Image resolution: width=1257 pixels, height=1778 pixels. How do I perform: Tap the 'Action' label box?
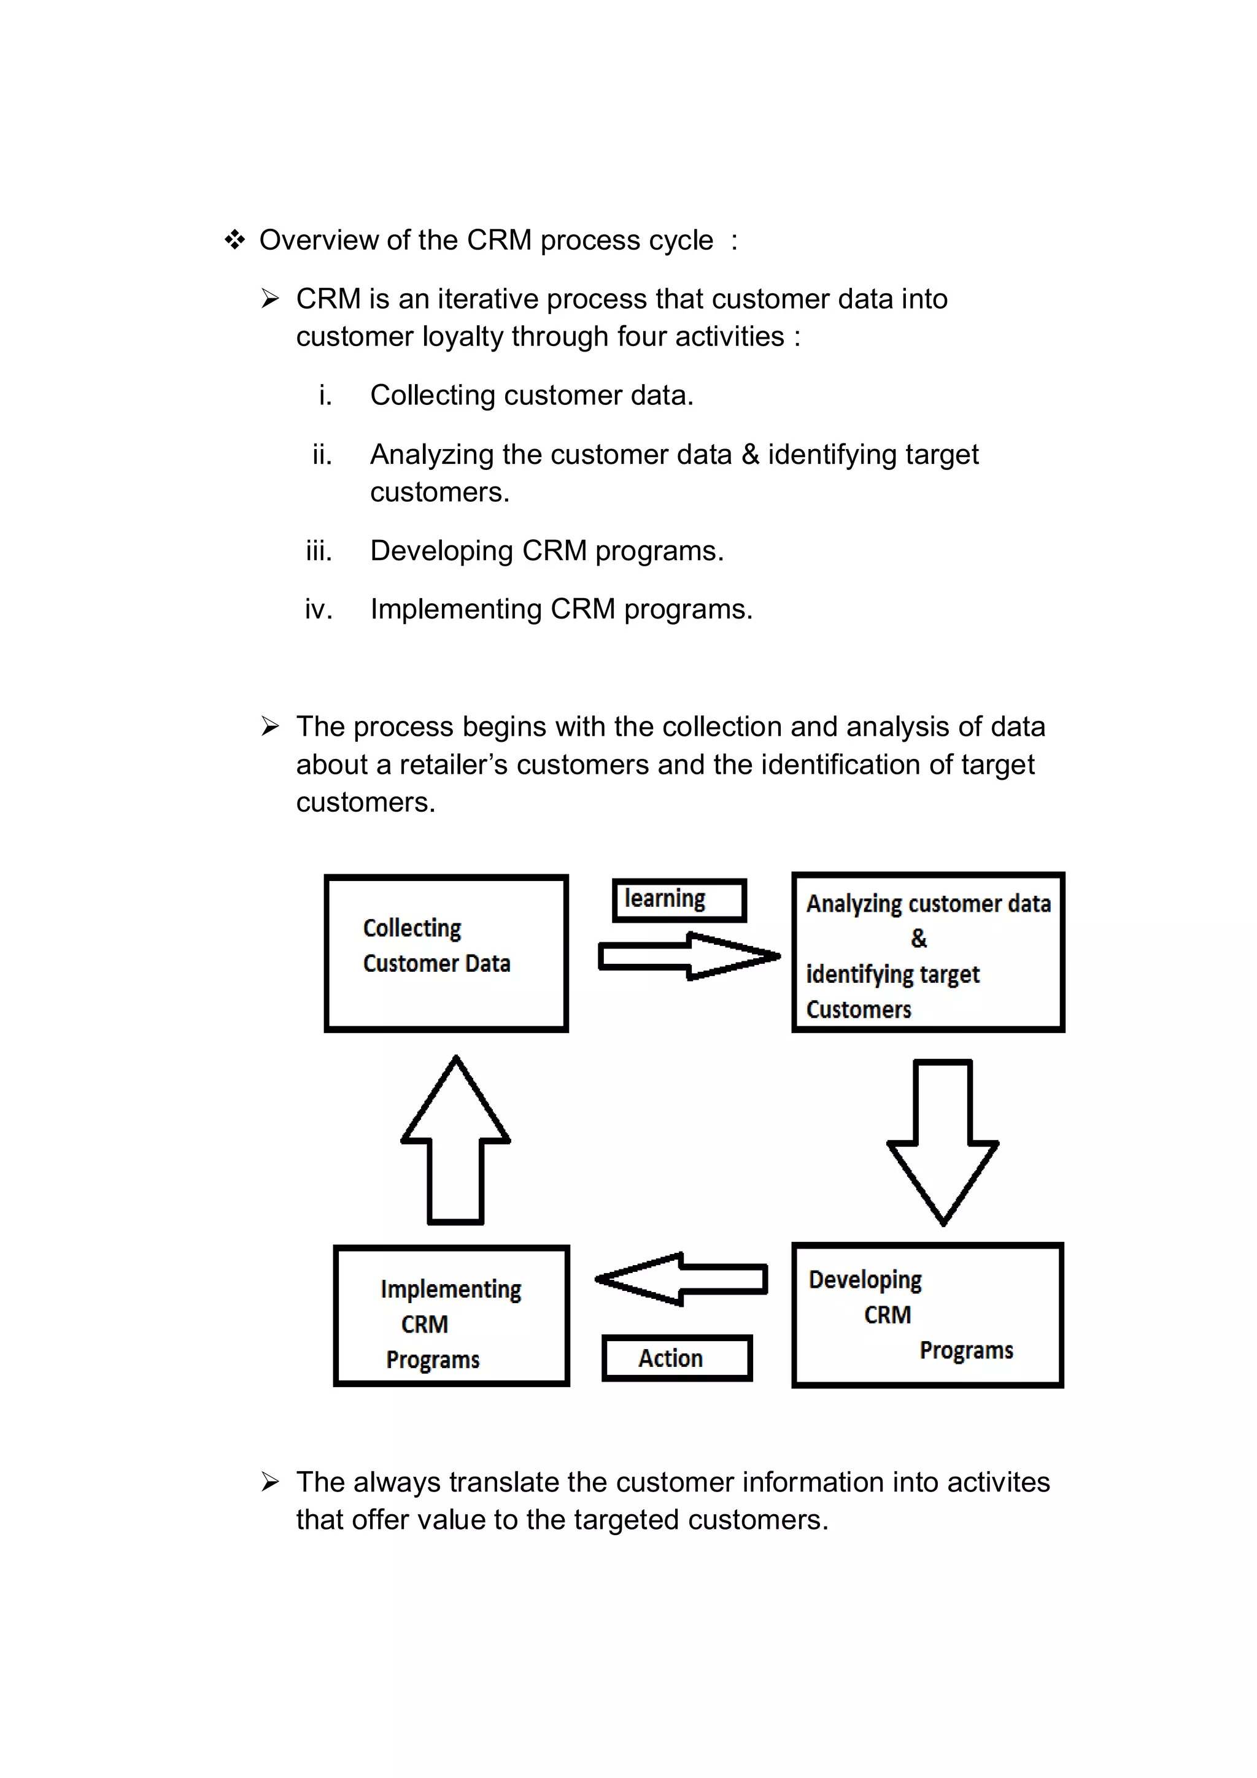coord(676,1358)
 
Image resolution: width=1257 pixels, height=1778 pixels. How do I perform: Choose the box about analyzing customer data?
coord(928,952)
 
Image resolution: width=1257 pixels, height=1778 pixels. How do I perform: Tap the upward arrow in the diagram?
coord(455,1140)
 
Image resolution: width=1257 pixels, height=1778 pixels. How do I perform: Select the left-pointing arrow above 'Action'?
coord(681,1279)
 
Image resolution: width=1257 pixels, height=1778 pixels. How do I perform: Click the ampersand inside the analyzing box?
coord(919,939)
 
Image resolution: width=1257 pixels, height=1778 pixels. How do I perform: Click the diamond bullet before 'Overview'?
coord(234,240)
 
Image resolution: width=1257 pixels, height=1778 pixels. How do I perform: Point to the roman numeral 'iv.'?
coord(319,609)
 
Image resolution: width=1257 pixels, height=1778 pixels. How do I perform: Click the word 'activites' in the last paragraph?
coord(997,1482)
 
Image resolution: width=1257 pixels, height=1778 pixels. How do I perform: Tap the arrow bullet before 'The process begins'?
coord(269,726)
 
